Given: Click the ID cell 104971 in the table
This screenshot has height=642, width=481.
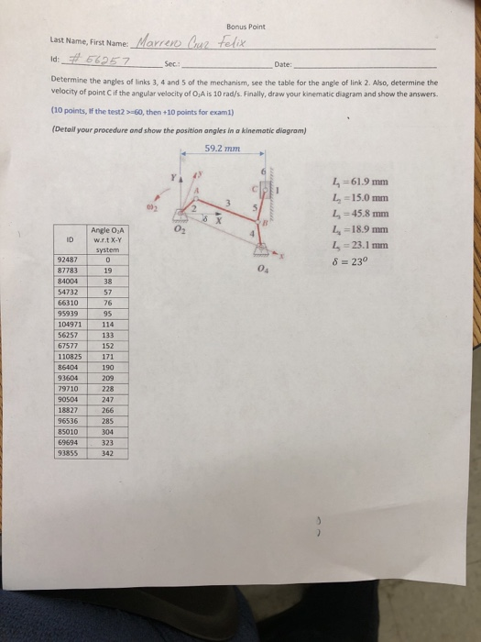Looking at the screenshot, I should click(70, 325).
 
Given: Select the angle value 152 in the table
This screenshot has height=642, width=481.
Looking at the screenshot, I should click(107, 347).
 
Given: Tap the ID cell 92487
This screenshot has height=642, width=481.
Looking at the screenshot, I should click(70, 260).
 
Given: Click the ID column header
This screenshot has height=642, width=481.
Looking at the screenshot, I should click(70, 241).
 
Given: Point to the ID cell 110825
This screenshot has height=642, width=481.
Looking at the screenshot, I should click(70, 358).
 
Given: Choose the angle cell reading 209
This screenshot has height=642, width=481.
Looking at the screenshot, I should click(107, 379).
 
